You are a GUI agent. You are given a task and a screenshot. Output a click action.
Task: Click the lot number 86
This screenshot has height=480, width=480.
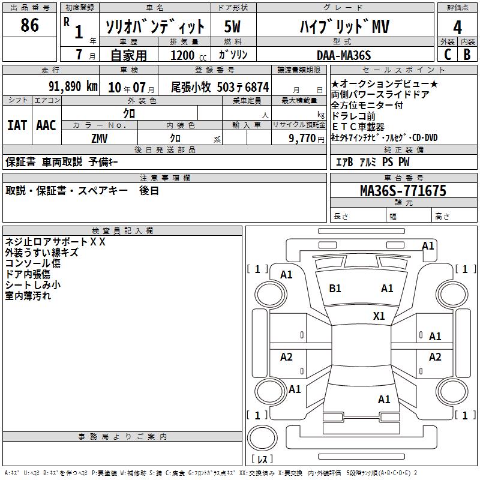[x=29, y=25]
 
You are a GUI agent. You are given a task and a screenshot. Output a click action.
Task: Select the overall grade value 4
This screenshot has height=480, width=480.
[x=457, y=28]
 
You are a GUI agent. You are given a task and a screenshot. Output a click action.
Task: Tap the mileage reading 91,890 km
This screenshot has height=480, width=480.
[x=73, y=86]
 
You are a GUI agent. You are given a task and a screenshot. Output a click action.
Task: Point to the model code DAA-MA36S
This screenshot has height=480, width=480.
[x=344, y=55]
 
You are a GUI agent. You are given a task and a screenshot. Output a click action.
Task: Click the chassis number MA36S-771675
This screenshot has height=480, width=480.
[x=403, y=191]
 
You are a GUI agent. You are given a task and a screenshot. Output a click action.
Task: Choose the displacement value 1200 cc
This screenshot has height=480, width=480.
[x=188, y=55]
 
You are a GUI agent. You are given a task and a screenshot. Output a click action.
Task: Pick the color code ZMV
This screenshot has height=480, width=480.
[x=100, y=139]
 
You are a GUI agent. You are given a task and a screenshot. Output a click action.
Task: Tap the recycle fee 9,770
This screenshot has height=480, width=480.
[x=302, y=139]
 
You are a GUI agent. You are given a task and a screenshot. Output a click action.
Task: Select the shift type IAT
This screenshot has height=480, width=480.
[x=17, y=125]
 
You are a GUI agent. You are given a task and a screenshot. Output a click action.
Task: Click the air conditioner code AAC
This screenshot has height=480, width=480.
[x=46, y=125]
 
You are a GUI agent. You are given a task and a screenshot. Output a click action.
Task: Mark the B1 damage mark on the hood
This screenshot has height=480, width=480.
[x=335, y=289]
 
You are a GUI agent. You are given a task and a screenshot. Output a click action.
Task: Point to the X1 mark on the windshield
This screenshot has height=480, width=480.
[x=379, y=316]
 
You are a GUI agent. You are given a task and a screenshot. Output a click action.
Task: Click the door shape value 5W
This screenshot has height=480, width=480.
[x=232, y=26]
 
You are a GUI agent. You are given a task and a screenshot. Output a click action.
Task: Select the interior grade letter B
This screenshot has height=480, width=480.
[x=467, y=55]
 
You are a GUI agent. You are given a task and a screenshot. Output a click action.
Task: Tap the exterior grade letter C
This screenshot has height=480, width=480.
[x=448, y=55]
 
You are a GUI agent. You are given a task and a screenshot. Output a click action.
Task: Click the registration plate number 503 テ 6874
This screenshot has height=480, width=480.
[x=243, y=88]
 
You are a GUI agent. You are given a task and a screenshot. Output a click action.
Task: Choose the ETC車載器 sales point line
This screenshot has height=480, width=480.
[x=358, y=127]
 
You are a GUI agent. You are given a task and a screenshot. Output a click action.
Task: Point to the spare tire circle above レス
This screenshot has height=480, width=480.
[x=262, y=438]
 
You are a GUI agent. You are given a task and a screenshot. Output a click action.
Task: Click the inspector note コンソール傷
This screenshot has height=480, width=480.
[x=33, y=263]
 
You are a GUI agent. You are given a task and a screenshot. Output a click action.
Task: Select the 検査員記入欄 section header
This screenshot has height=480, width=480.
[x=122, y=231]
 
